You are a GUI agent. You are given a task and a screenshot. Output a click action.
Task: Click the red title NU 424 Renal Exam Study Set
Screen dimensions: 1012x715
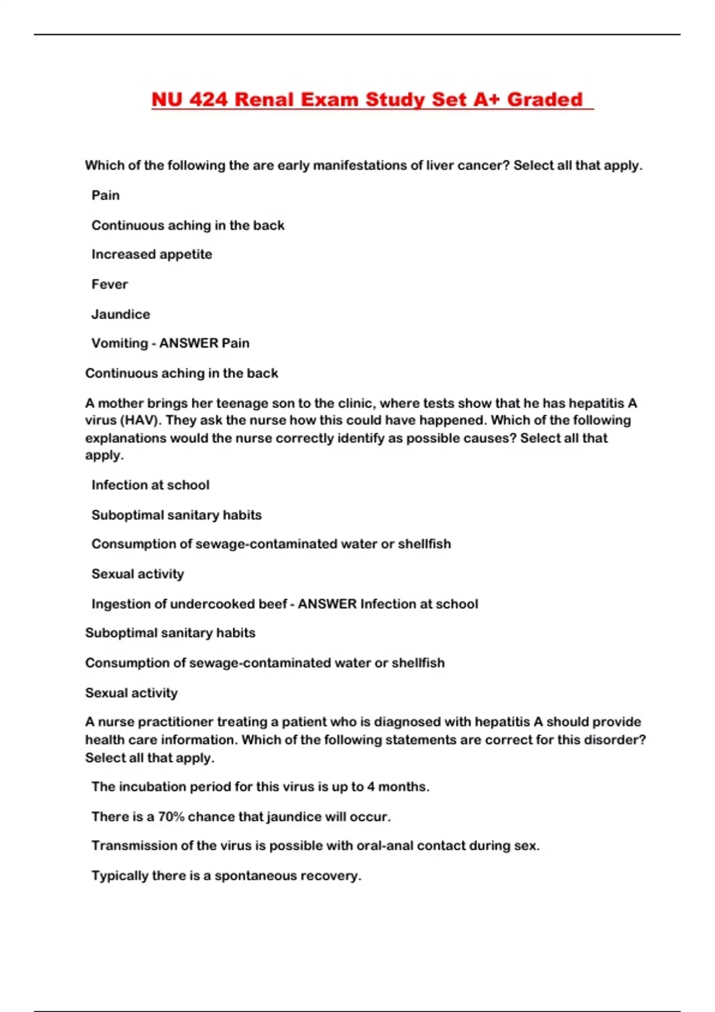(366, 99)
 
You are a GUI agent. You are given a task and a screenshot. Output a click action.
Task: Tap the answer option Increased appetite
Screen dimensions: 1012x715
(151, 254)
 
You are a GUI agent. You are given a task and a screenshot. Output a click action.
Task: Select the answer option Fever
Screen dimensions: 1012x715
(110, 284)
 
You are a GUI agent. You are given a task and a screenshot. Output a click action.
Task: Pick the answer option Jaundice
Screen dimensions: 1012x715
(120, 314)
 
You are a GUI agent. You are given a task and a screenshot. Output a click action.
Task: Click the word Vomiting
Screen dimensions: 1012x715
(119, 343)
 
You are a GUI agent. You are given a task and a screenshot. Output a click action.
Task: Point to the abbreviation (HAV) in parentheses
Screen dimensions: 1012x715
(140, 420)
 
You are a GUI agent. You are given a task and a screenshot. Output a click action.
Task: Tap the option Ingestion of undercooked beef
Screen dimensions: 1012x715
(189, 604)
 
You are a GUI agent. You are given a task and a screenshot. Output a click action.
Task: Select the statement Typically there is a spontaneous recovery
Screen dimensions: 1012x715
(226, 876)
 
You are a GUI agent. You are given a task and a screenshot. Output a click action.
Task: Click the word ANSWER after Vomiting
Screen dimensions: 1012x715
(188, 343)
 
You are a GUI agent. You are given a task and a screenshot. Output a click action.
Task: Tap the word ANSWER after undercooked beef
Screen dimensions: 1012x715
(327, 604)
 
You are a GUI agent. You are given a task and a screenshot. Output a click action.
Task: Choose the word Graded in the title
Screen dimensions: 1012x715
(545, 99)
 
